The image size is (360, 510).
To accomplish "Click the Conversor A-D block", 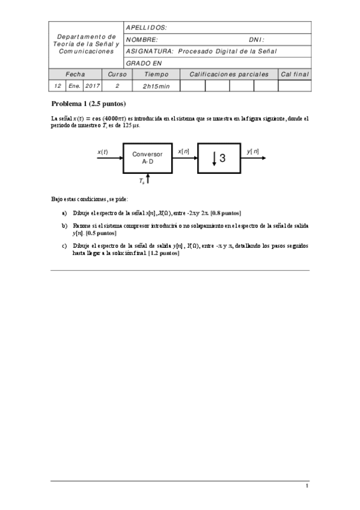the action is [x=147, y=158].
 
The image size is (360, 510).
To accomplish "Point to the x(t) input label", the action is [x=103, y=152].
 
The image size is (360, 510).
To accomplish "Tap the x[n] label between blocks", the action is [x=184, y=152].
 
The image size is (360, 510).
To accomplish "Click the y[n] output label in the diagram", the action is [x=253, y=152].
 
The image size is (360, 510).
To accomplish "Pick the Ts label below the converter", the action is [x=141, y=180].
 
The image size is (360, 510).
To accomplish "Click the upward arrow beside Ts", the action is [x=148, y=179].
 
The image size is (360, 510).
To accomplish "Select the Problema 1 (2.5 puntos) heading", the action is [x=88, y=104].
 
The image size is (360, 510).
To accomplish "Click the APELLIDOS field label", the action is [x=146, y=28].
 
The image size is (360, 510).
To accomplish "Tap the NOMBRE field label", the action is [x=142, y=39].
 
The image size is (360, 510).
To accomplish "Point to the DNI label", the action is [x=256, y=39].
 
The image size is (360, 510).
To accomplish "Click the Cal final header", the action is [x=294, y=75].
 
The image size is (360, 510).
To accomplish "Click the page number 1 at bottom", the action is [x=307, y=485].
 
